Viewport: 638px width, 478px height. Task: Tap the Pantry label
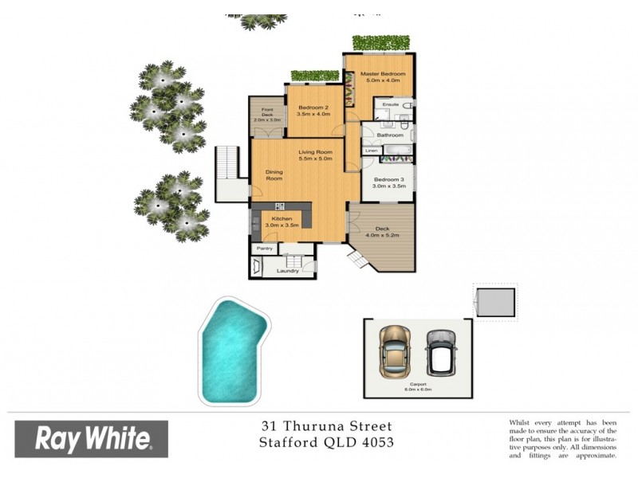[x=263, y=249]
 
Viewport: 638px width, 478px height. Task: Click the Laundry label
[x=287, y=271]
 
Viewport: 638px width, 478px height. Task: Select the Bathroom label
[x=390, y=135]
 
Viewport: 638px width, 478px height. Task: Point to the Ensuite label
[x=390, y=105]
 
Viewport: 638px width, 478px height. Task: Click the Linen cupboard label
[x=371, y=151]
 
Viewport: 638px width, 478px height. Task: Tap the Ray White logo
[x=92, y=438]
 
